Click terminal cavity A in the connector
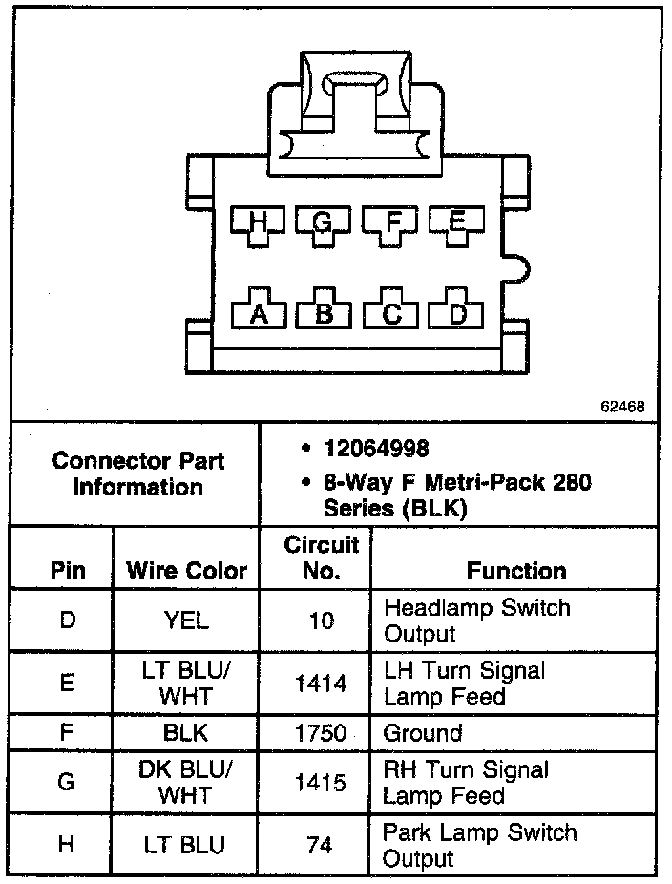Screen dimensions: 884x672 (259, 312)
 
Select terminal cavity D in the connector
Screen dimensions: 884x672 (458, 312)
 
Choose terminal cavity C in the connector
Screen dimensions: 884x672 (391, 312)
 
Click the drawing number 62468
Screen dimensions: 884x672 (622, 406)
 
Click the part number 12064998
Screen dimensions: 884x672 (375, 449)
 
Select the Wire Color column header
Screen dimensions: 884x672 (186, 571)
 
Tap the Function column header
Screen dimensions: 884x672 (516, 571)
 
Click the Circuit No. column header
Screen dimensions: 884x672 (322, 558)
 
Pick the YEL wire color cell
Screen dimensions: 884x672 (186, 621)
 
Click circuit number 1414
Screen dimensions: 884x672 (322, 684)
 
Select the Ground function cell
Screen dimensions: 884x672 (423, 733)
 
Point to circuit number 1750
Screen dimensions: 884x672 (322, 733)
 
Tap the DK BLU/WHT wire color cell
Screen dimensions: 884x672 (186, 782)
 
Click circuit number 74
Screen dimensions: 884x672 (322, 845)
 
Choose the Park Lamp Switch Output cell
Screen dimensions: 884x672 (479, 845)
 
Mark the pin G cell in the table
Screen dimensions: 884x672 (67, 782)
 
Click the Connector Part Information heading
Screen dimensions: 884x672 (138, 474)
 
